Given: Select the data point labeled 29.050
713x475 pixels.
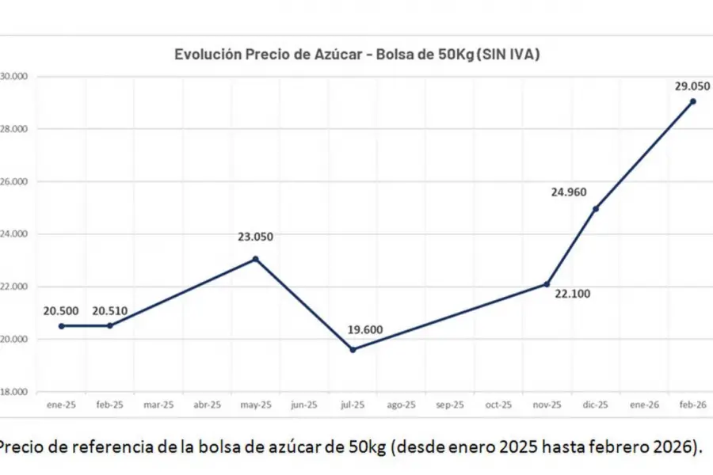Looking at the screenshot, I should (x=692, y=101).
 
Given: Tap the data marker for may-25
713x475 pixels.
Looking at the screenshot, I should (x=255, y=259).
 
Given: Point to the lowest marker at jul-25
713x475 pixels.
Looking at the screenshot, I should (x=353, y=349).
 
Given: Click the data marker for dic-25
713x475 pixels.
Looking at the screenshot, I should (x=596, y=208).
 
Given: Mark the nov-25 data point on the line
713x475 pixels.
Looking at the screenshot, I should (x=547, y=284).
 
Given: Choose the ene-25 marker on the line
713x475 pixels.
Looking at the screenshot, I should (x=61, y=325).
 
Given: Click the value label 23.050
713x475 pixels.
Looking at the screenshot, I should (x=255, y=236).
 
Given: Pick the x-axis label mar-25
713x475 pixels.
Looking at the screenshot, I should (x=158, y=405).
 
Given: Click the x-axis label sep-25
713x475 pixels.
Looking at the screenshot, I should (x=449, y=405).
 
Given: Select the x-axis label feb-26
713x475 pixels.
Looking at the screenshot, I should (x=692, y=405).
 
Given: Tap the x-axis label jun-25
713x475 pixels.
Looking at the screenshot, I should (x=303, y=405).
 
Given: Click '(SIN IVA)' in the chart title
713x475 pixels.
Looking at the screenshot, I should (x=507, y=54).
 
